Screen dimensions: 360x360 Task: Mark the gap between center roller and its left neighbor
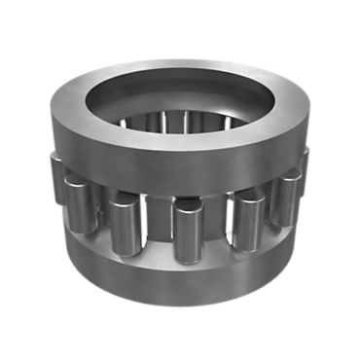pyautogui.click(x=154, y=229)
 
